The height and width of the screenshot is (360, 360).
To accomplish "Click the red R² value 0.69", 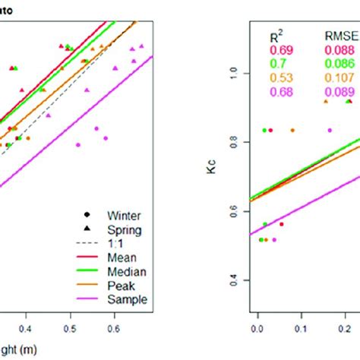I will tap(279, 50).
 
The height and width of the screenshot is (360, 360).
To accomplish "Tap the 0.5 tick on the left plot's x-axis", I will tap(70, 328).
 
